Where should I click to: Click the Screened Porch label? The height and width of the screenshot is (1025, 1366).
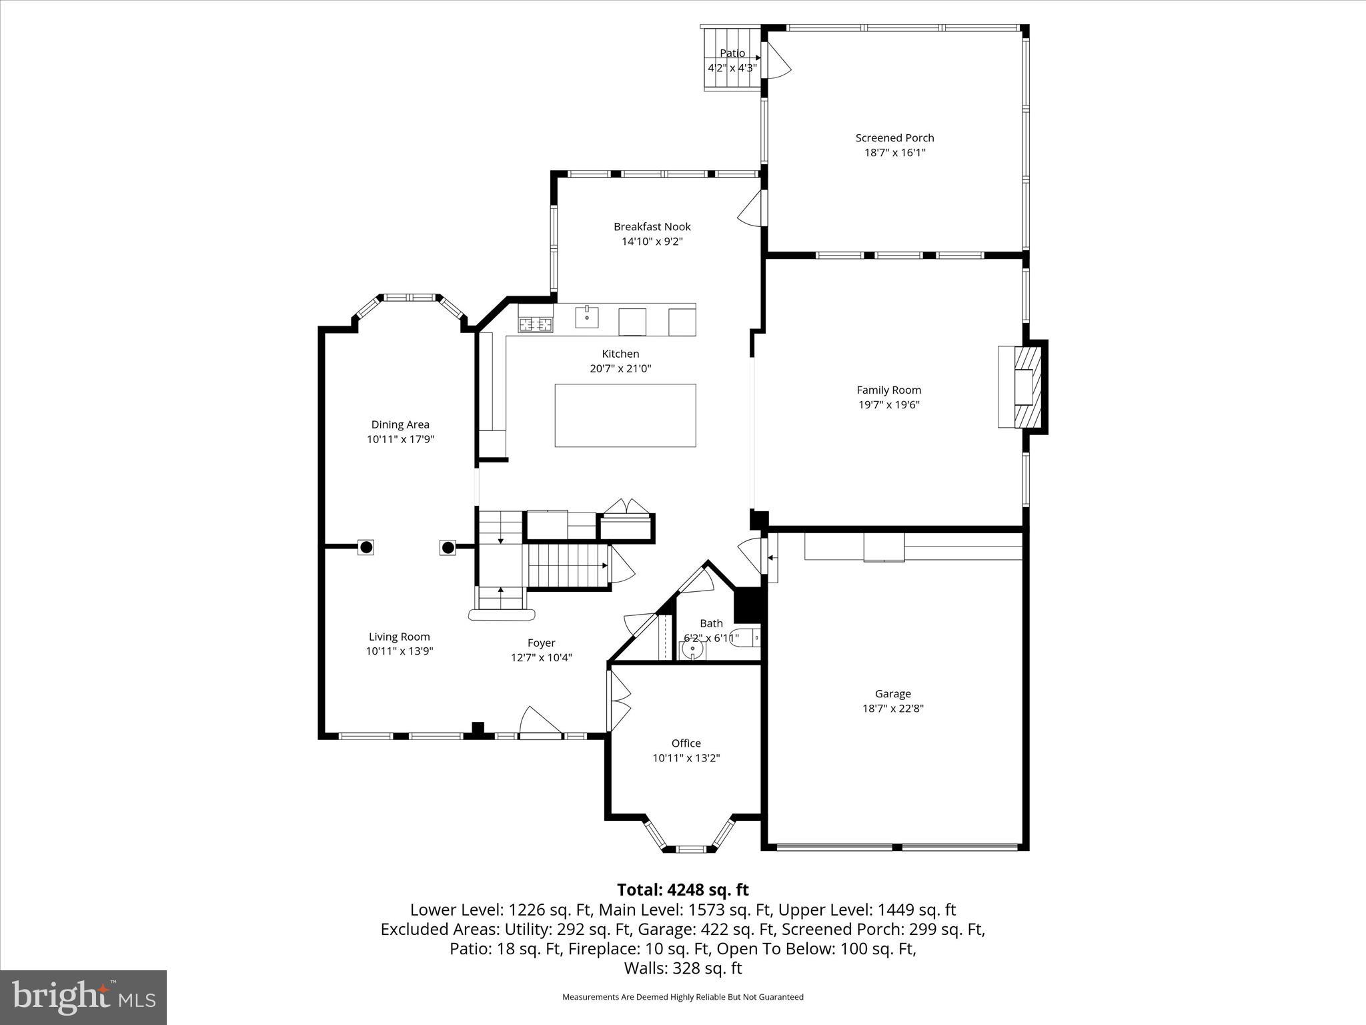[894, 138]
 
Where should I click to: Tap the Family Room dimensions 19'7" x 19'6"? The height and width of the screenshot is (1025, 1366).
[888, 404]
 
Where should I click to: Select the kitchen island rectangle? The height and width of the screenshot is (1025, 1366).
[625, 415]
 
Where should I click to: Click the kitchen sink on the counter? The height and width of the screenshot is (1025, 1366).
[587, 317]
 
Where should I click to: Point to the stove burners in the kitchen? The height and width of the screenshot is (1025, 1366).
[536, 325]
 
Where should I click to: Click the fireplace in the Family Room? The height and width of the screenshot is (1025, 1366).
[1024, 387]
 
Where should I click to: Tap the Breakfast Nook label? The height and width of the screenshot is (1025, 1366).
[652, 227]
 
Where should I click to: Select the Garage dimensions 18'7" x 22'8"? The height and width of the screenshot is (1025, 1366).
[892, 709]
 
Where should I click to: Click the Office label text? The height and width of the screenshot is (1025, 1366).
[686, 743]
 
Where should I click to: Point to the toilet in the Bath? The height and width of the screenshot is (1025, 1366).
[744, 639]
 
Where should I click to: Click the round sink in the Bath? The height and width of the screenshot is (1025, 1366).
[693, 648]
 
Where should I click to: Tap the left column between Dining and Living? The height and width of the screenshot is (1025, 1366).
[366, 547]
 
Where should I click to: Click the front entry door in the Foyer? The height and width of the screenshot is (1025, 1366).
[540, 723]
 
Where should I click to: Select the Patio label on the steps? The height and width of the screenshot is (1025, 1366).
[732, 53]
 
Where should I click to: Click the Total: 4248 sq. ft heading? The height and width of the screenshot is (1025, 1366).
[682, 890]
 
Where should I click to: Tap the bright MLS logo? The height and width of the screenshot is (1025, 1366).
[83, 998]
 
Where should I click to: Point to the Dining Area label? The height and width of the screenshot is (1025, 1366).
[400, 424]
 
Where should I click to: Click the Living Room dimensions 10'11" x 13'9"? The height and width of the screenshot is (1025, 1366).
[400, 651]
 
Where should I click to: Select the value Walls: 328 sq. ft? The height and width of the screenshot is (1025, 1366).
[682, 968]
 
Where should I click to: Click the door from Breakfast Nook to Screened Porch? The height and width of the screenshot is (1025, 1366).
[752, 209]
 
